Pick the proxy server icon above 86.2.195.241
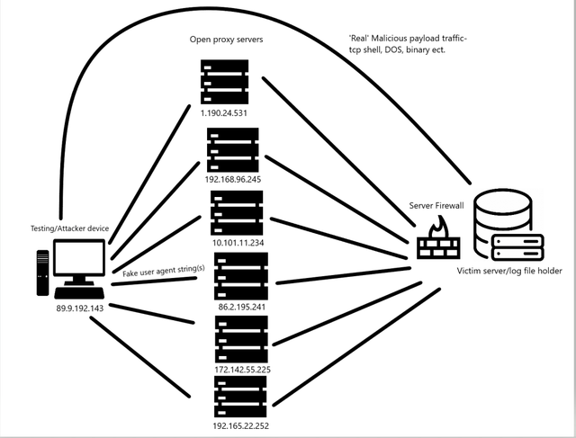click(241, 275)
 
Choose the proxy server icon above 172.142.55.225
click(241, 338)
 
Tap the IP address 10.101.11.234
click(240, 244)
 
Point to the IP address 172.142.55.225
click(241, 369)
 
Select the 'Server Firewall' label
click(439, 206)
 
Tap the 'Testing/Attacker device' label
click(69, 228)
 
